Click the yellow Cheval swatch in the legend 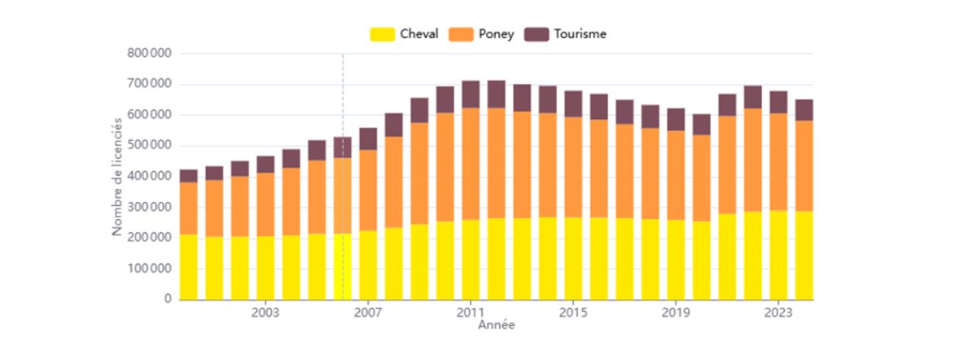pos(382,34)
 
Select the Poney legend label pos(497,34)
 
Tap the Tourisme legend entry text pos(580,34)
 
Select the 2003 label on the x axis pos(265,312)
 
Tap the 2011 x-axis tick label pos(471,312)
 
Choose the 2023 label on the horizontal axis pos(779,312)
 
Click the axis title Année pos(495,325)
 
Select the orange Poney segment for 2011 pos(471,163)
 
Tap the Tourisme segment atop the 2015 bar pos(573,103)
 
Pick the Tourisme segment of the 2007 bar pos(368,138)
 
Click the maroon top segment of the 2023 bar pos(779,102)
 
